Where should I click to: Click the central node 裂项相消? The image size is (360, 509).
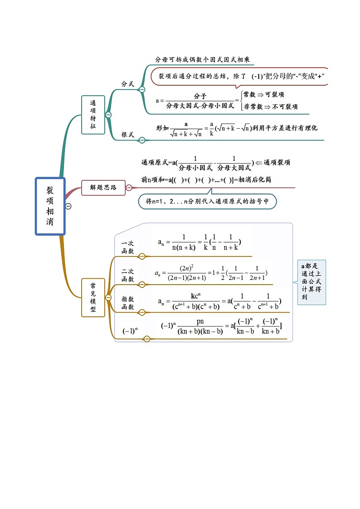[50, 206]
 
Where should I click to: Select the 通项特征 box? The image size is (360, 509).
[93, 115]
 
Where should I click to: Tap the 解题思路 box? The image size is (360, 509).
[103, 187]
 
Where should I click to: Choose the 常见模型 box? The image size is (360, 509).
[93, 297]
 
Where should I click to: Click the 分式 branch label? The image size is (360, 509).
[127, 84]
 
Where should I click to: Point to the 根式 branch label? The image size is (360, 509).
[127, 135]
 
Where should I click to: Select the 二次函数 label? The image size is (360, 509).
[128, 275]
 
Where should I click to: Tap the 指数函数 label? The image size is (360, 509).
[128, 303]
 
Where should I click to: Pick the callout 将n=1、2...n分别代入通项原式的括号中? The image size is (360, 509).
[207, 201]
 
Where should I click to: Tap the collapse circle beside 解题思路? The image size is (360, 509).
[129, 188]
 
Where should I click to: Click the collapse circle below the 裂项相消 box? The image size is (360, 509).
[68, 206]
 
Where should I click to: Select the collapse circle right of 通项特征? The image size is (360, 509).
[108, 115]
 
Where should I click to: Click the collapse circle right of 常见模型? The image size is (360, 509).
[108, 297]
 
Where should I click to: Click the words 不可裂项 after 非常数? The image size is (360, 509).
[285, 107]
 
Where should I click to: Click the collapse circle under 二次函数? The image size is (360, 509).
[142, 284]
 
